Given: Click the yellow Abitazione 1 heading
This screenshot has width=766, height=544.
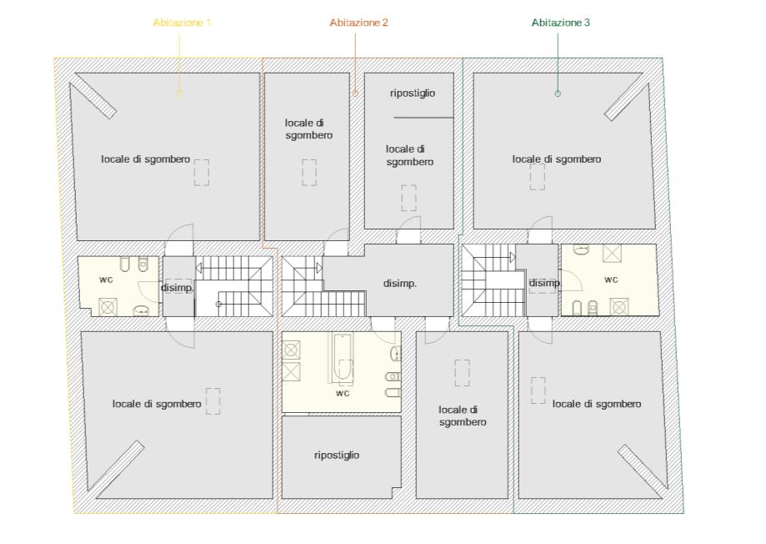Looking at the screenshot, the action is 182,23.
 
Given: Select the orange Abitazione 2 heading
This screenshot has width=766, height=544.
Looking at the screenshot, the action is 358,23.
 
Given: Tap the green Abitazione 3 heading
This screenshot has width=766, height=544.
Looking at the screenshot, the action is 560,23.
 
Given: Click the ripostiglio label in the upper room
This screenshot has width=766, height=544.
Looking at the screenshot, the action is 413,93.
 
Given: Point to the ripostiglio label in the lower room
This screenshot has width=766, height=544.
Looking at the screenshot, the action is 337,455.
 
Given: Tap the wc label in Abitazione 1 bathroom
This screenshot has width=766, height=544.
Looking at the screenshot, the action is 106,280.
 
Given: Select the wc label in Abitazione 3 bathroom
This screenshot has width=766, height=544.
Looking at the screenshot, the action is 611,280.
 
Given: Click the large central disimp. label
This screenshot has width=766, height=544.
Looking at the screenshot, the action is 399,283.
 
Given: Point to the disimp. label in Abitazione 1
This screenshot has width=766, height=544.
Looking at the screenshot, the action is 178,288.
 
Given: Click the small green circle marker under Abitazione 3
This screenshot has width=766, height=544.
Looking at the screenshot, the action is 558,93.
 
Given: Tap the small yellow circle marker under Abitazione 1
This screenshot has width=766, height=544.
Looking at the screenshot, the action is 179,93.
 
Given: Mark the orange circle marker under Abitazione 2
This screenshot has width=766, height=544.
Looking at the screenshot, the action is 355,93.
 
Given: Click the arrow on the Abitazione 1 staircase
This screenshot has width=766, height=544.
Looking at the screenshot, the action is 199,268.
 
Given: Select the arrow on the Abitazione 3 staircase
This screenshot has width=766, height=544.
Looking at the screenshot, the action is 513,257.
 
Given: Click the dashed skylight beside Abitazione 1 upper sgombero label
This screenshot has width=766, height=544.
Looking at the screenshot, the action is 202,173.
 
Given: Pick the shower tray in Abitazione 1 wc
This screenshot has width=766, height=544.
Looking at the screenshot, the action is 108,307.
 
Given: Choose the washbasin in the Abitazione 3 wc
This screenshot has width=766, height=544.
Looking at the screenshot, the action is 581,249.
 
